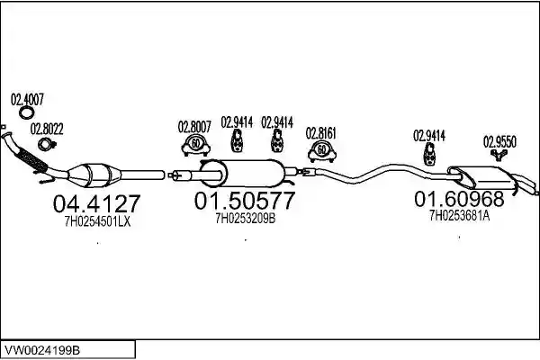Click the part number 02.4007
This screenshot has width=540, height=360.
coord(27,100)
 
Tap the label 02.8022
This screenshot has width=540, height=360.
coord(47,130)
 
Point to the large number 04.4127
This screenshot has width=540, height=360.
coord(97,203)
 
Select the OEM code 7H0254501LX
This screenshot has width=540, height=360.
coord(97,222)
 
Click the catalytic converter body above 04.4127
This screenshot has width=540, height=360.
coord(94,175)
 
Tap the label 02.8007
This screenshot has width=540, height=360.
coord(194,127)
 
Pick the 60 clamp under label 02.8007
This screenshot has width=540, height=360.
coord(195,146)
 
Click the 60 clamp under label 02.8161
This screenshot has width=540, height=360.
coord(321,152)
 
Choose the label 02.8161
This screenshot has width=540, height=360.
coord(321,133)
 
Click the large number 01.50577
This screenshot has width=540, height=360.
coord(245,201)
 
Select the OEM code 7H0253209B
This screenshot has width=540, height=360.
coord(246,219)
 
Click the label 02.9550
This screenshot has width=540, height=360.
coord(499,141)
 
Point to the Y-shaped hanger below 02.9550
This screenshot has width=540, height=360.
coord(499,155)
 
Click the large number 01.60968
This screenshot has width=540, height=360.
coord(459,199)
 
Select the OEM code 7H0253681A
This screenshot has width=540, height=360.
coord(459,216)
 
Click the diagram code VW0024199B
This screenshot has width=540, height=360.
coord(42,350)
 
